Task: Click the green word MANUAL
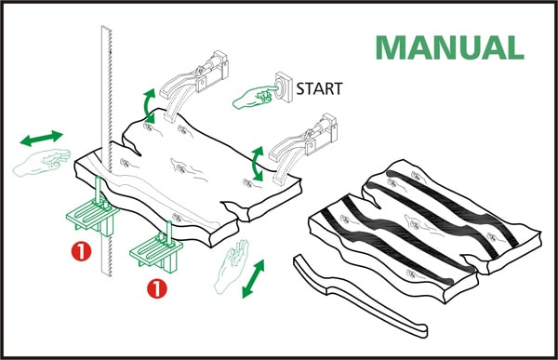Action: click(x=450, y=47)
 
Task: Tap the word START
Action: click(x=319, y=88)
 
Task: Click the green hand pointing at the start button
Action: click(x=255, y=97)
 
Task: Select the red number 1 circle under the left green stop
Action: click(x=81, y=251)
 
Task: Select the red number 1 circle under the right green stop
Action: click(x=157, y=288)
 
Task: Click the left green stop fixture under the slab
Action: click(x=93, y=209)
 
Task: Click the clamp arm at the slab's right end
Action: click(x=302, y=148)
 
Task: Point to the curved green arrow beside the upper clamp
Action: click(x=149, y=106)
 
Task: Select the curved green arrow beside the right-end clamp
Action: click(x=257, y=164)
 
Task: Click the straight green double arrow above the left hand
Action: click(x=41, y=139)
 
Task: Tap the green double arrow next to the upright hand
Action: click(x=253, y=279)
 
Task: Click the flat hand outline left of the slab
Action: click(x=42, y=162)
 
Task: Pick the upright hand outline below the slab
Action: click(x=231, y=266)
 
